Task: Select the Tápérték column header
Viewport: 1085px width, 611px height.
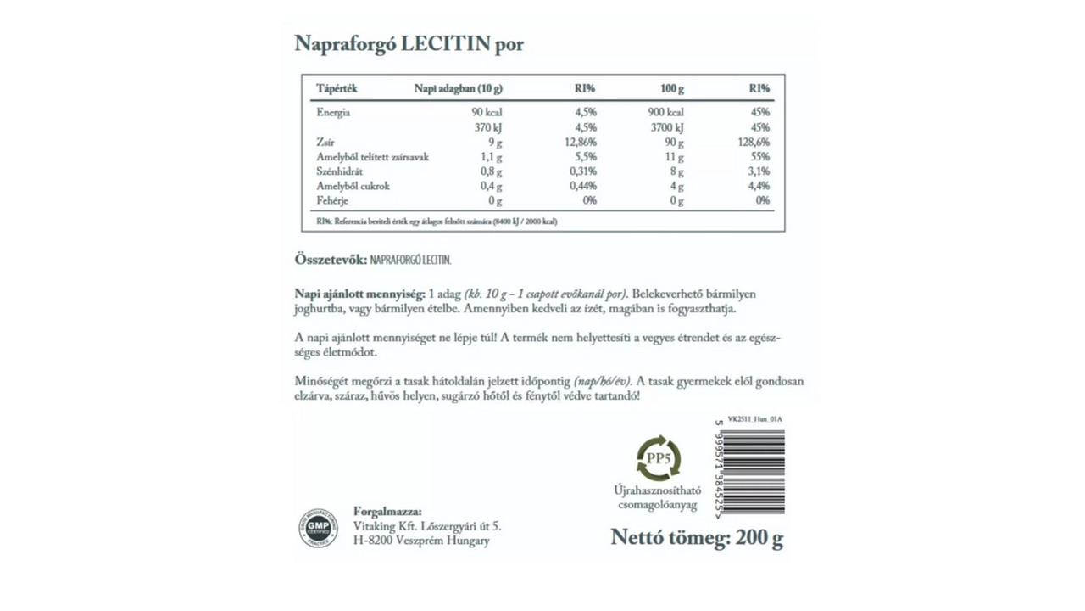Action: coord(337,88)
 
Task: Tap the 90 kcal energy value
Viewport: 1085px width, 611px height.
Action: coord(487,112)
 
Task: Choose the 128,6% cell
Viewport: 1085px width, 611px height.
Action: coord(754,142)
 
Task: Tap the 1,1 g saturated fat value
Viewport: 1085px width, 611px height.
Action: coord(492,157)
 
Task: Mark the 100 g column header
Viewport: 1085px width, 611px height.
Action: coord(672,88)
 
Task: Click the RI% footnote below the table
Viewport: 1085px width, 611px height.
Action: coord(437,221)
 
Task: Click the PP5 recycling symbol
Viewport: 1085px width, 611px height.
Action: coord(659,458)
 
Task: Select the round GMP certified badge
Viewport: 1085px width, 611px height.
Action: coord(317,528)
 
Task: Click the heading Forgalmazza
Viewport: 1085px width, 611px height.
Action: coord(387,511)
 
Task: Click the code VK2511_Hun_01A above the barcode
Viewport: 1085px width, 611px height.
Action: coord(754,419)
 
